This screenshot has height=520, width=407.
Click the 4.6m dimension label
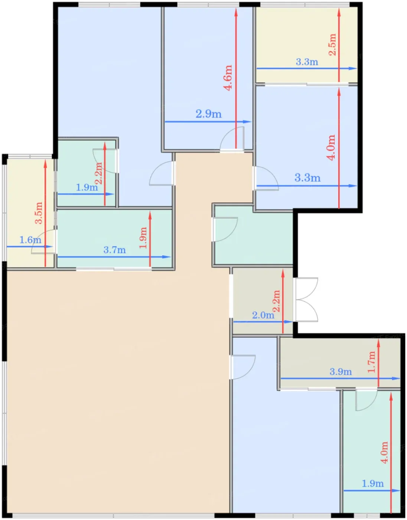point(228,78)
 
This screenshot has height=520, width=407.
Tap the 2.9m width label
point(209,114)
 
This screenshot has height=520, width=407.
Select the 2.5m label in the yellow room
point(332,45)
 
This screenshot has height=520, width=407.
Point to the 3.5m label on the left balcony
point(39,213)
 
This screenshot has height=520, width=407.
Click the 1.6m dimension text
point(30,240)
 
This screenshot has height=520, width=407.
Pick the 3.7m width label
point(114,250)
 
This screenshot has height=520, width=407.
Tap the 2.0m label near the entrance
point(263,315)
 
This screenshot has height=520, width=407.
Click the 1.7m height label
point(371,362)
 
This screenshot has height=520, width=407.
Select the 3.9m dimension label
point(341,372)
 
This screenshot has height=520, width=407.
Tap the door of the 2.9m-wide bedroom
point(232,139)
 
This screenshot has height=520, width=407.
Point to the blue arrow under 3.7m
point(114,257)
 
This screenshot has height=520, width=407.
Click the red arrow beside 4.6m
point(236,78)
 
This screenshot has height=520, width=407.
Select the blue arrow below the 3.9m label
point(341,378)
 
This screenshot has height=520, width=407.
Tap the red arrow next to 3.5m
point(45,213)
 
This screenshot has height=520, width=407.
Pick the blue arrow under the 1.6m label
point(30,247)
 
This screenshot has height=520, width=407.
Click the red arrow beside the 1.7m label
point(378,363)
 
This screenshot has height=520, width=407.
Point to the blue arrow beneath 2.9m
point(208,121)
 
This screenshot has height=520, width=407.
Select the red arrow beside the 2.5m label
point(339,45)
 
